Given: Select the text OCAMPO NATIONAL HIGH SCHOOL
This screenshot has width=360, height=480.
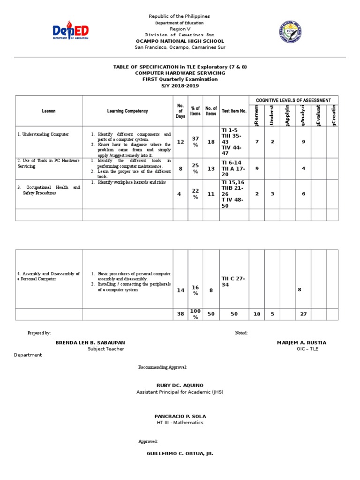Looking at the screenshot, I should point(180,41).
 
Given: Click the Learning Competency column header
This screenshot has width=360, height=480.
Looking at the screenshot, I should point(127,111).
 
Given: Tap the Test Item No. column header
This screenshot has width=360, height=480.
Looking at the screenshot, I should point(234,111).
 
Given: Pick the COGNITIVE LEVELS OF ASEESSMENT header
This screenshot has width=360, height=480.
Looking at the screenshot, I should point(293,100).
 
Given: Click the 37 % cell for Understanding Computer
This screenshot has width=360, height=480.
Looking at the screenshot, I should point(195,142).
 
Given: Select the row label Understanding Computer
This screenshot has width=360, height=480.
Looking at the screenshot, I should point(43,135).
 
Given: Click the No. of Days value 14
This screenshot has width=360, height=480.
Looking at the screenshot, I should point(180,291).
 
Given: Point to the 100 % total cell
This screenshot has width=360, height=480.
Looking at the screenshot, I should point(195,314).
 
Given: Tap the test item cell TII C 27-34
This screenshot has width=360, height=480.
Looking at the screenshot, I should point(233,282).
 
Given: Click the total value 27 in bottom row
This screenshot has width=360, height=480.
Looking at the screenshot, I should point(303,314).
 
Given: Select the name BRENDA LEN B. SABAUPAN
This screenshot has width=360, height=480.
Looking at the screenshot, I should point(90,343).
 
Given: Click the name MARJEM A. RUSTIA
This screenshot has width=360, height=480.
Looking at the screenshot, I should point(301,343).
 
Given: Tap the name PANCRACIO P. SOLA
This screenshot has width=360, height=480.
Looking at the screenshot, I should point(180,416).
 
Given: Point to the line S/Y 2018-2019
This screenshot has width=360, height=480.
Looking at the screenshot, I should point(180,85).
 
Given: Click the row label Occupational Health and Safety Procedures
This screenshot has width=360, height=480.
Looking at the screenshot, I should point(49,190).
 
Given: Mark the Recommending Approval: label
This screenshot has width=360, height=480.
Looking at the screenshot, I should point(163,367).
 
